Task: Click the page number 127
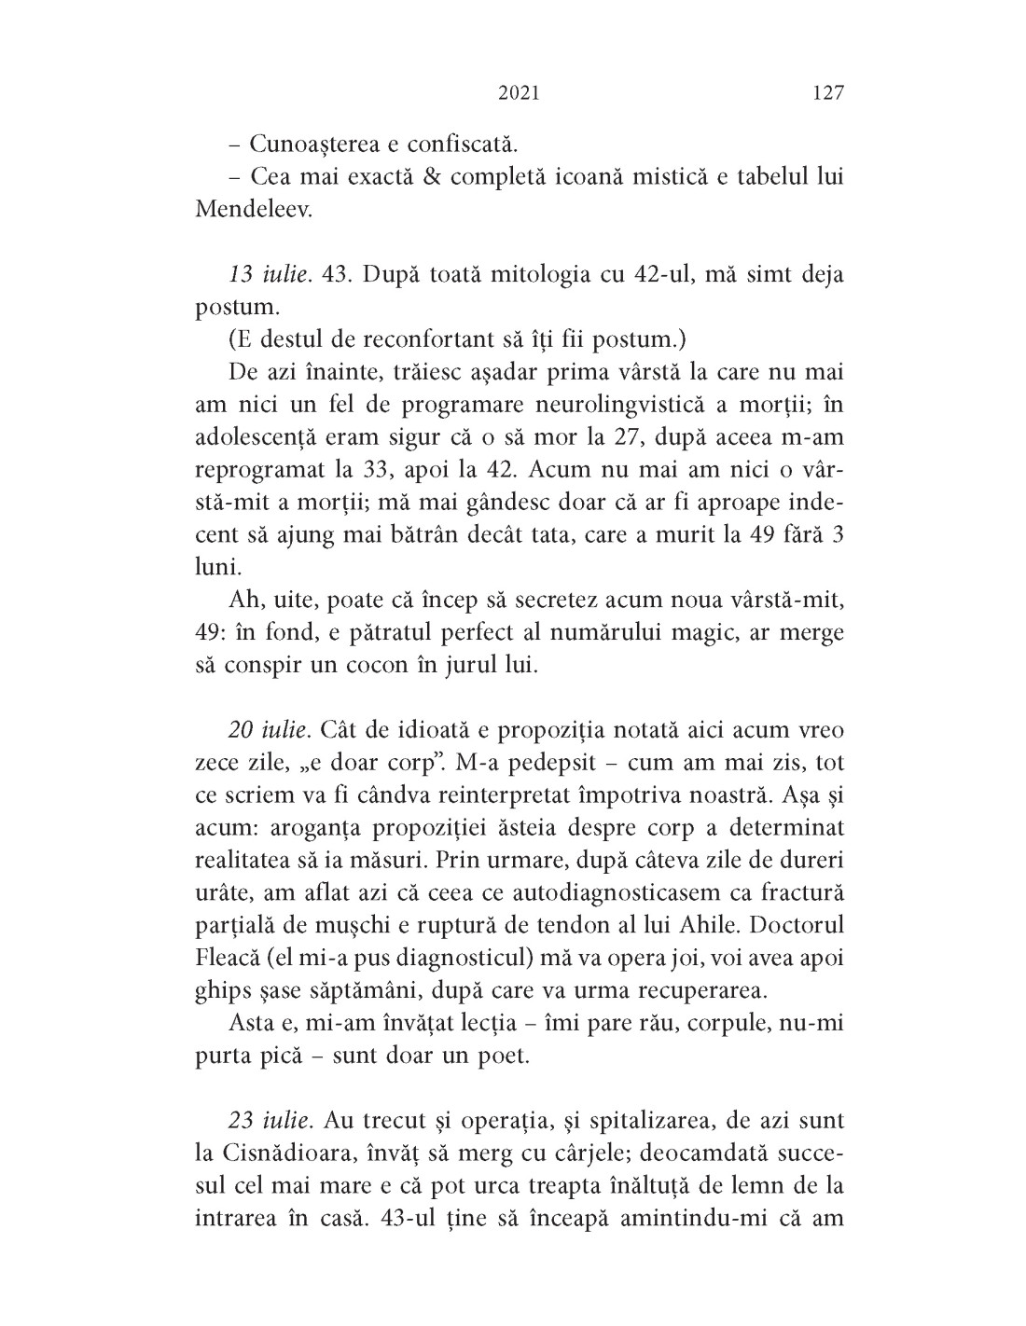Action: [x=827, y=93]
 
